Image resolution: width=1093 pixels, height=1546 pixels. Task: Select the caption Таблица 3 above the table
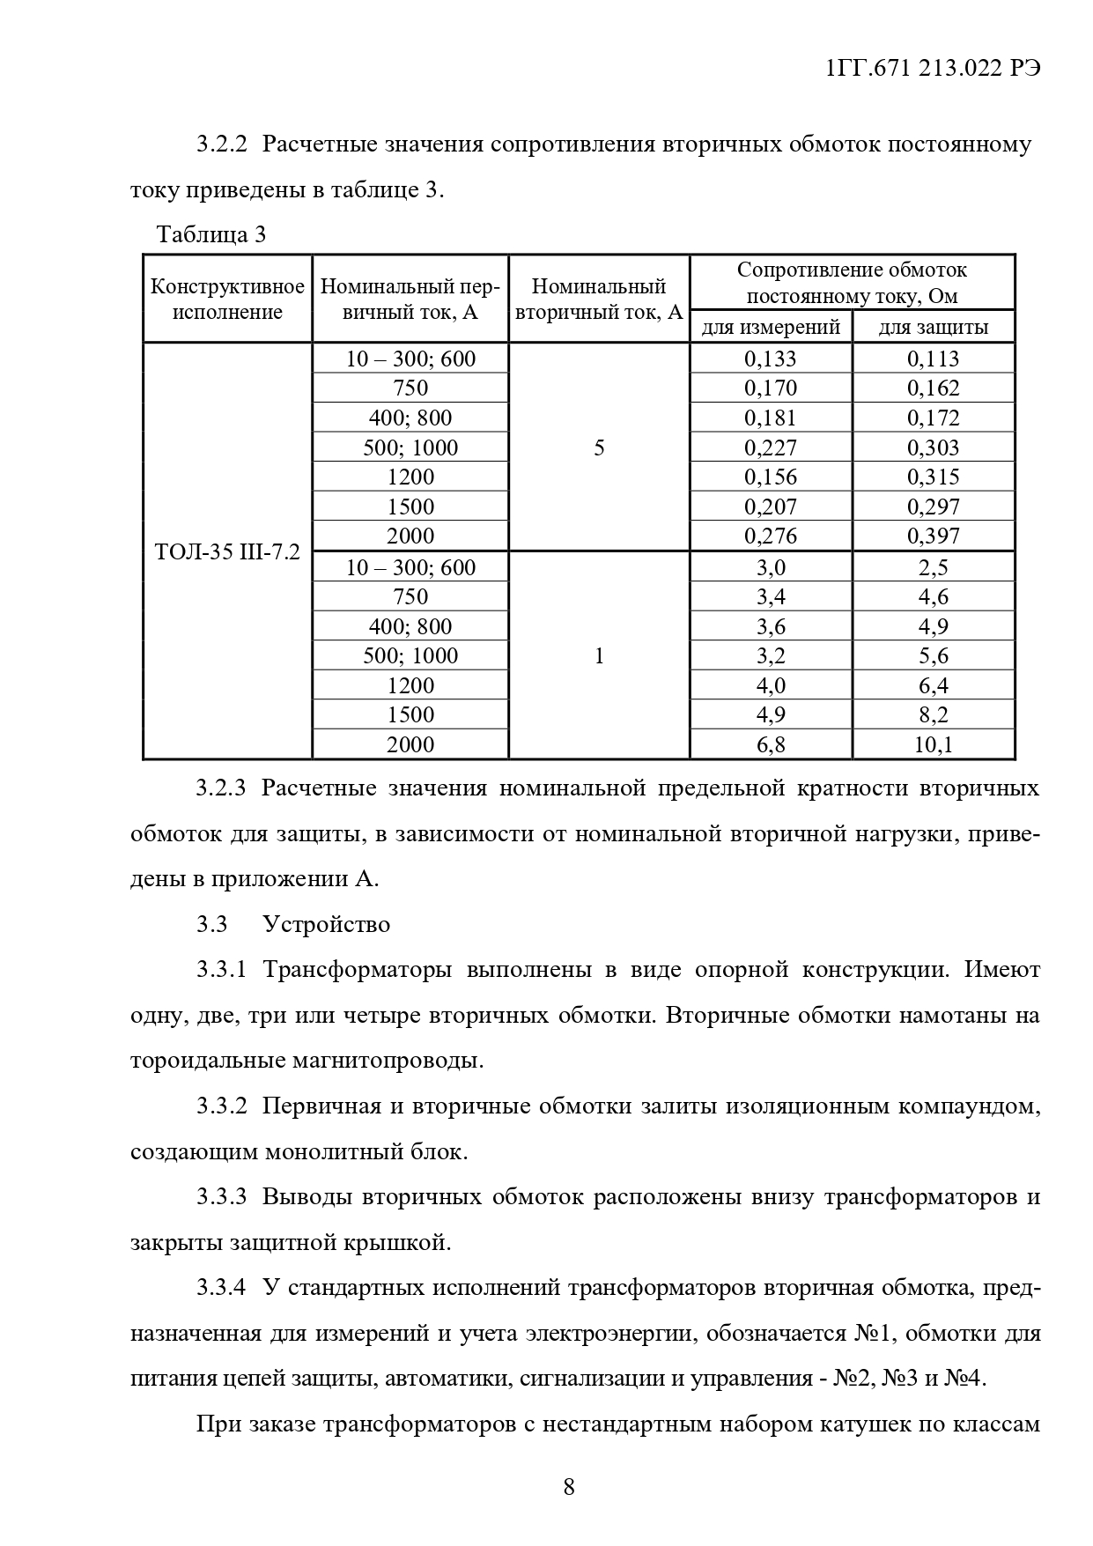point(210,235)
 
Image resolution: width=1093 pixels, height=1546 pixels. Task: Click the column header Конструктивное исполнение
point(227,300)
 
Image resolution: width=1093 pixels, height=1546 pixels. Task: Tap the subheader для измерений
point(771,328)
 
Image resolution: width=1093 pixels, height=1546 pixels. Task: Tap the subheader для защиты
point(934,328)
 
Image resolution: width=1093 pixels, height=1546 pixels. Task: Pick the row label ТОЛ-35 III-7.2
point(227,552)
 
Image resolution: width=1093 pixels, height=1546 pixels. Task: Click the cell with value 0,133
point(771,359)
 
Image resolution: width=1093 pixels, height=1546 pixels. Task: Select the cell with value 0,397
point(934,536)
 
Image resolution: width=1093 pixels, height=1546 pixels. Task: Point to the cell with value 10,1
point(934,745)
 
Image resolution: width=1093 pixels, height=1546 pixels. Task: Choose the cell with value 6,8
point(771,745)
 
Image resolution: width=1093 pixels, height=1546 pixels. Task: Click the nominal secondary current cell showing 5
point(599,448)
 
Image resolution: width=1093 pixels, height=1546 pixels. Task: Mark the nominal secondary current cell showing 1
point(599,656)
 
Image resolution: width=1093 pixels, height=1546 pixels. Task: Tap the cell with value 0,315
point(934,477)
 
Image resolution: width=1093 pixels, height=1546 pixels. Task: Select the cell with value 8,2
point(934,714)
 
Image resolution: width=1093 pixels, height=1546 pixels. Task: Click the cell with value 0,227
point(771,448)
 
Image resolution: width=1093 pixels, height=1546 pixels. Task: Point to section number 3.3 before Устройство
point(212,924)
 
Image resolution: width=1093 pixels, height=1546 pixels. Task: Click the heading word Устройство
point(326,924)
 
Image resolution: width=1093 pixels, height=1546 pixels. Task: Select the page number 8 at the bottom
point(569,1487)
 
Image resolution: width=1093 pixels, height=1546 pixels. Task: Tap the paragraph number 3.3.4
point(221,1287)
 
